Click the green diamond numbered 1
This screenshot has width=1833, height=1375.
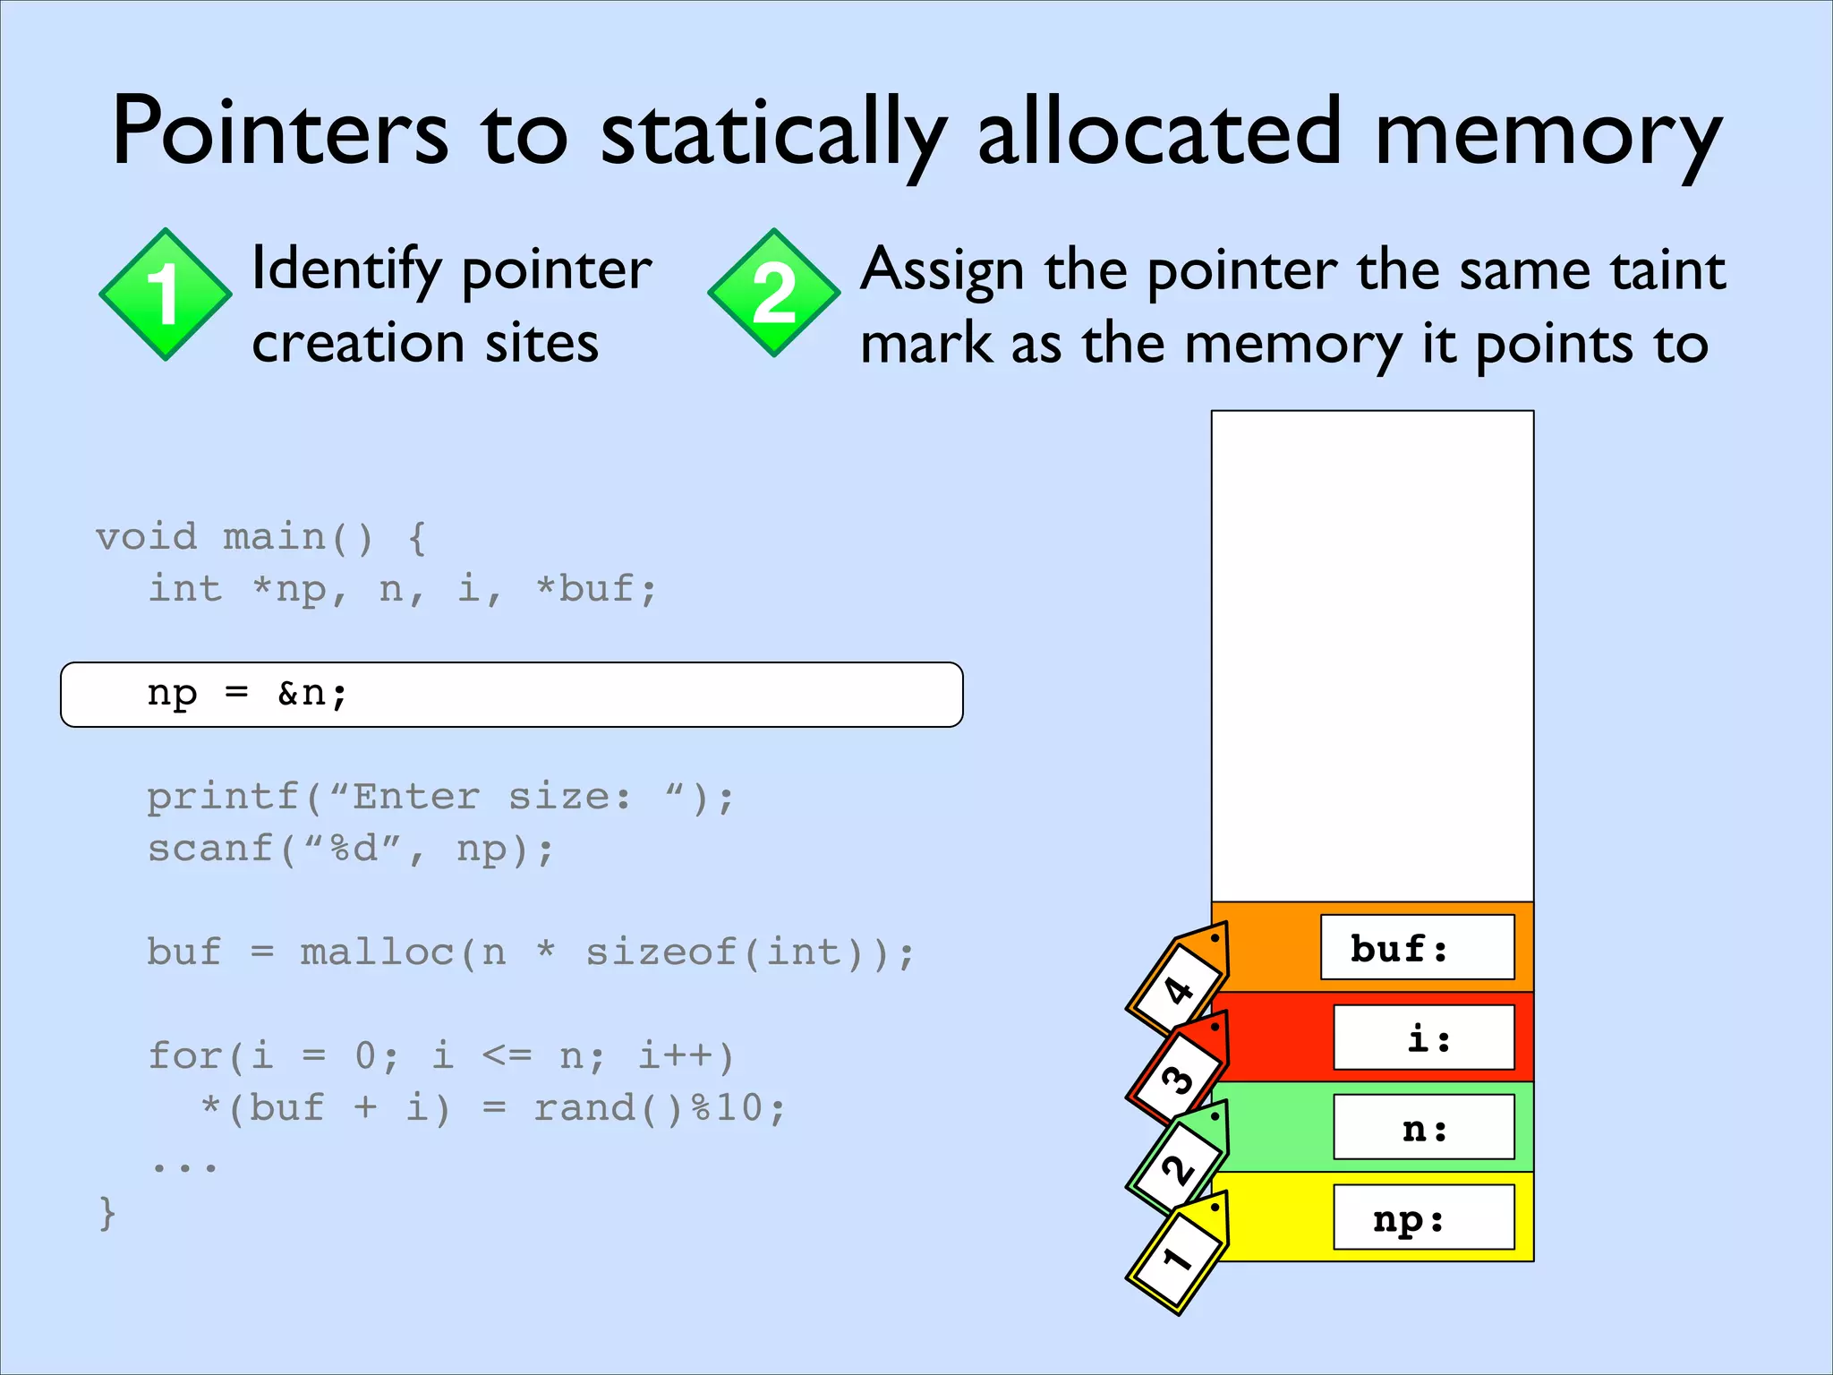click(166, 295)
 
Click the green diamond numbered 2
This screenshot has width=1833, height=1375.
click(774, 293)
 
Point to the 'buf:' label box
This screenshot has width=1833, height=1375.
click(1417, 948)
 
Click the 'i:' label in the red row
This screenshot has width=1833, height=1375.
click(1423, 1038)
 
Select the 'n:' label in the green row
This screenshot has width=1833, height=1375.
click(1423, 1128)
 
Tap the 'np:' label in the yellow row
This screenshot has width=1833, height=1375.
click(1423, 1218)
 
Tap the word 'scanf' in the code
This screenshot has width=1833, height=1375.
click(210, 849)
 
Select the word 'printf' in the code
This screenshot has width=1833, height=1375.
click(223, 797)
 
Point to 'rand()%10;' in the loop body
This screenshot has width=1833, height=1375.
click(660, 1108)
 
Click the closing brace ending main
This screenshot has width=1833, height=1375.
click(107, 1213)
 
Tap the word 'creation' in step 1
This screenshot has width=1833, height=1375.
click(358, 344)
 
